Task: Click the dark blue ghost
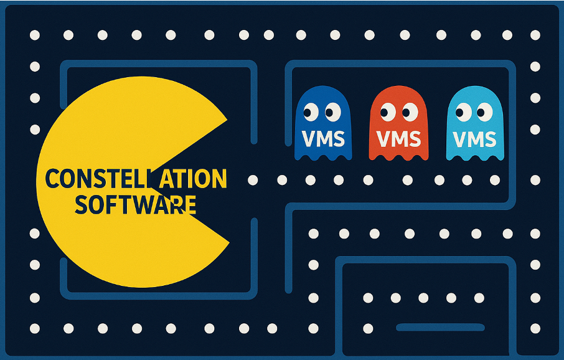click(x=322, y=125)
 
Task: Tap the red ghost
click(x=398, y=125)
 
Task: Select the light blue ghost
click(x=475, y=125)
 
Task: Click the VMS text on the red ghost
click(x=398, y=138)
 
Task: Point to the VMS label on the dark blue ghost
click(x=322, y=138)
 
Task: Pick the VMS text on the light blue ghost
click(x=475, y=138)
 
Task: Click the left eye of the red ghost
click(x=387, y=112)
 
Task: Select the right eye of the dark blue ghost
click(x=332, y=112)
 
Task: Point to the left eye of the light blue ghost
click(x=463, y=112)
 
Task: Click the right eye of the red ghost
click(x=409, y=112)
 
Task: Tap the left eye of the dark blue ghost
click(x=311, y=112)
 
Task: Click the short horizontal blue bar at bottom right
click(x=440, y=327)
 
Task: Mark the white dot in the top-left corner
click(x=35, y=35)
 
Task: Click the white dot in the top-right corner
click(x=535, y=35)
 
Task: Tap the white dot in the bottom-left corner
click(x=35, y=328)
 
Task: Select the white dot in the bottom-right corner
click(x=535, y=328)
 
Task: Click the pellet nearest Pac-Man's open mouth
click(x=253, y=180)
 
